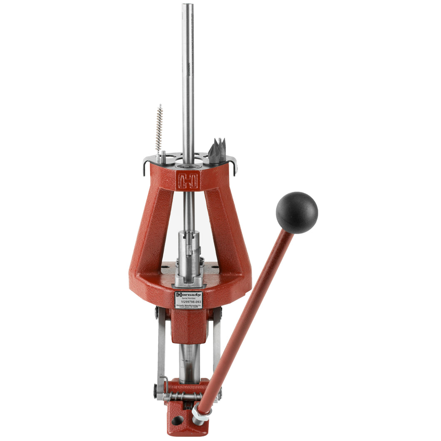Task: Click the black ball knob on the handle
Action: tap(297, 213)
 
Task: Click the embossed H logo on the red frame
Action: tap(188, 181)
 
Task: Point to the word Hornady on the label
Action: tap(188, 294)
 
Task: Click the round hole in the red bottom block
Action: tap(178, 420)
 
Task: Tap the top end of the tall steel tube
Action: tap(188, 6)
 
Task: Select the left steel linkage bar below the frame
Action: tap(161, 349)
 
